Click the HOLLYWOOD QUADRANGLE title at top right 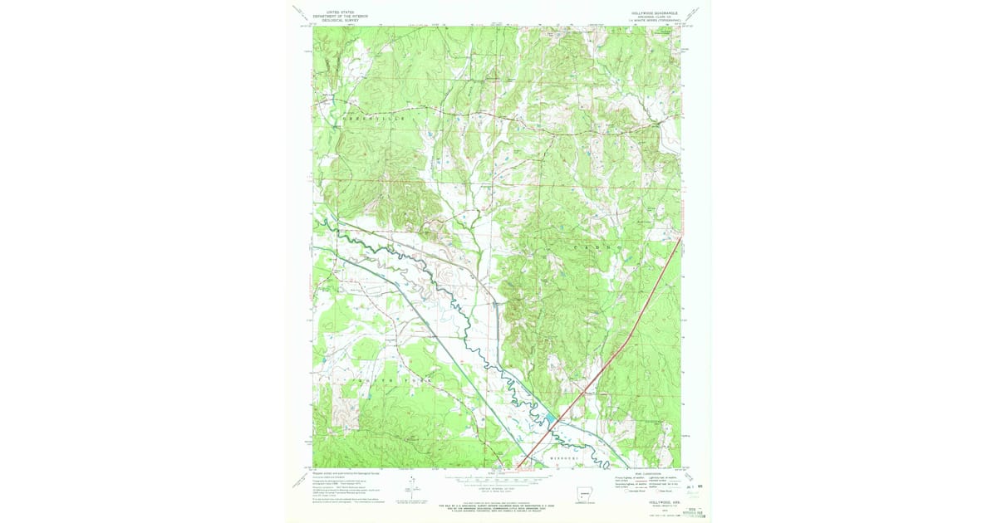pos(656,12)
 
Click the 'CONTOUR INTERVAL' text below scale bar pos(497,486)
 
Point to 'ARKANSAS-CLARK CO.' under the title pos(656,17)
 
